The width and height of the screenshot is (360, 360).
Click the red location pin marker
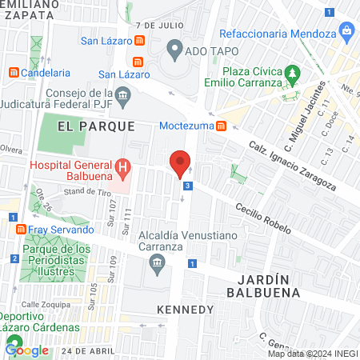coord(180,164)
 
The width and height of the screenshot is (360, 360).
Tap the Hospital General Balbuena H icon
coord(122,166)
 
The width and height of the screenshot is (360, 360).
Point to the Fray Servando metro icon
coord(20,229)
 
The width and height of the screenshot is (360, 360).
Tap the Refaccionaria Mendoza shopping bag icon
coord(346,33)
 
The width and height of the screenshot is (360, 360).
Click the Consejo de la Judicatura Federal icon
coord(123,95)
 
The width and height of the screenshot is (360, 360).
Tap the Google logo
coord(27,349)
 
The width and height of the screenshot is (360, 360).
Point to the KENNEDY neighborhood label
coord(186,309)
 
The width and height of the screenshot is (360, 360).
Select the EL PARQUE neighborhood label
coord(89,126)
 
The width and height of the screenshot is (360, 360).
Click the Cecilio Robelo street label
coord(262,218)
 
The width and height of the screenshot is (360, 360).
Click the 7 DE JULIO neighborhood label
coord(166,25)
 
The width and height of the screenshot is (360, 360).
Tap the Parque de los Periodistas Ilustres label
coord(54,259)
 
